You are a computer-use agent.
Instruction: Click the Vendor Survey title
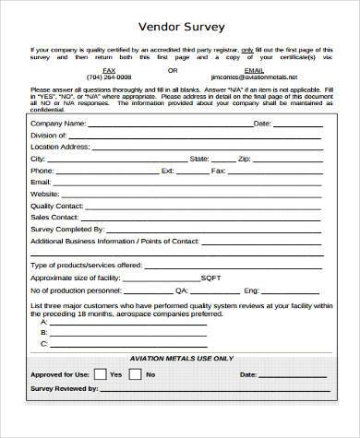point(180,26)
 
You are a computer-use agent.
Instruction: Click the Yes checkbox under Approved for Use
point(100,375)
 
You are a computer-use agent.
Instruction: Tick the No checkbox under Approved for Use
point(135,375)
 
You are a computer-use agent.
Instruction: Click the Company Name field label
point(58,123)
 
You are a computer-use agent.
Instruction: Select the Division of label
point(50,135)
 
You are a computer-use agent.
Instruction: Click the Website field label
point(45,195)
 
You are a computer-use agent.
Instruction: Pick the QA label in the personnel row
point(207,290)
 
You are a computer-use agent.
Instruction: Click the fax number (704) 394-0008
point(109,77)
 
